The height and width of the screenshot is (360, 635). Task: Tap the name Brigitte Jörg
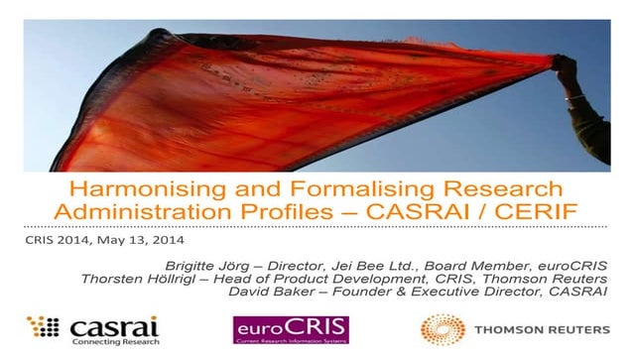[261, 263]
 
